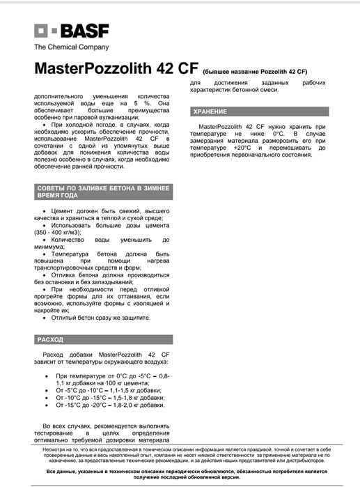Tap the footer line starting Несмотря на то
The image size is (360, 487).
pos(180,451)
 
